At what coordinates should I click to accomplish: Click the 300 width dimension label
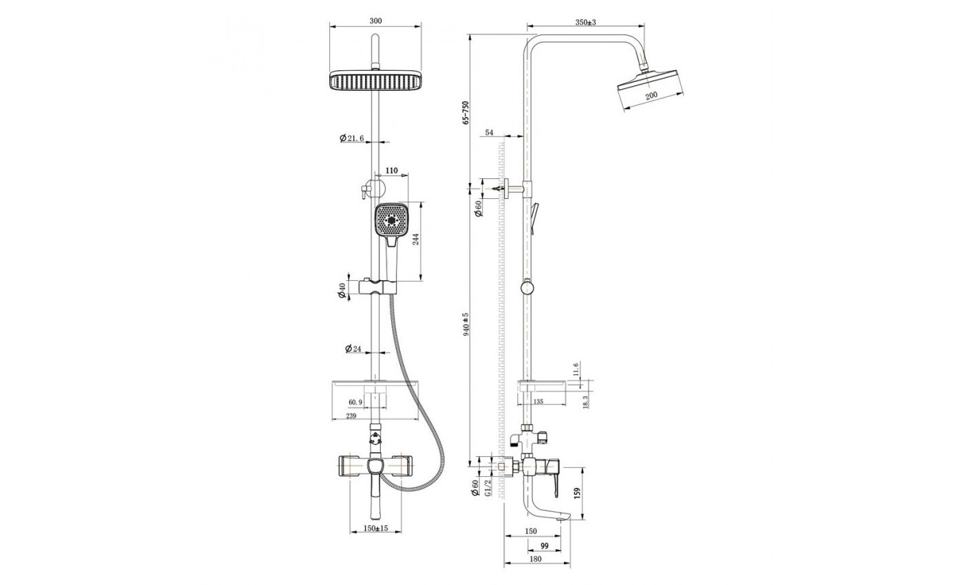(375, 21)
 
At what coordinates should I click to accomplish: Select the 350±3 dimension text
(586, 22)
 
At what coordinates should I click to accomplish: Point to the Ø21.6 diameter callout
(352, 138)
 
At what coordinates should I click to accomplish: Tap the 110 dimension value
(392, 171)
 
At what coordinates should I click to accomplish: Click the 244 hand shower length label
(416, 240)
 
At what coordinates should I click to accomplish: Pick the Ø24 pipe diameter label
(353, 348)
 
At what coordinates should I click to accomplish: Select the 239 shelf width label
(351, 416)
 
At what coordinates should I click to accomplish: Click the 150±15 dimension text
(376, 528)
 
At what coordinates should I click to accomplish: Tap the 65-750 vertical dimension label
(465, 113)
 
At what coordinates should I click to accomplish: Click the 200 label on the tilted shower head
(651, 96)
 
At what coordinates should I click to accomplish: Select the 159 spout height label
(577, 492)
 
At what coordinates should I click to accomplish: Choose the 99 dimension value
(545, 546)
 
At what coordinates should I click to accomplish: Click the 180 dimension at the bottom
(536, 559)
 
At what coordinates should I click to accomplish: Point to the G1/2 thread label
(488, 487)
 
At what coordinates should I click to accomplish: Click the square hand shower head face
(392, 220)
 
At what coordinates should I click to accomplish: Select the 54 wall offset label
(490, 132)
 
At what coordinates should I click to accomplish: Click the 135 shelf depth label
(538, 401)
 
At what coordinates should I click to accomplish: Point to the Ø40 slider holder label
(342, 290)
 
